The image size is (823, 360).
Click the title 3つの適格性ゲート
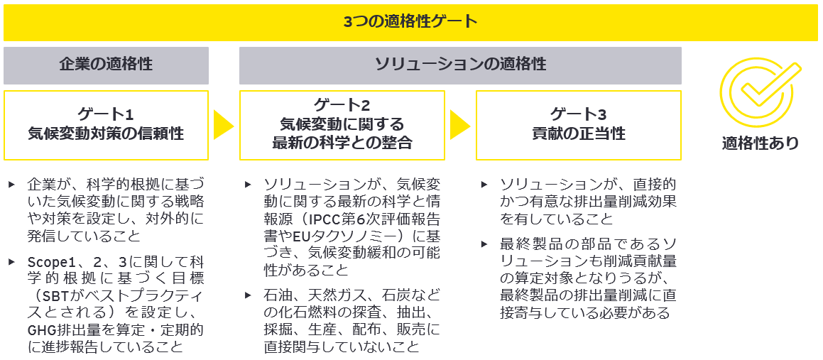point(410,21)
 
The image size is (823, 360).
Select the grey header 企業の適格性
point(106,65)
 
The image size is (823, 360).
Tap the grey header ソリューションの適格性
point(460,65)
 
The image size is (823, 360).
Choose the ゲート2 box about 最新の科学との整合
point(342,125)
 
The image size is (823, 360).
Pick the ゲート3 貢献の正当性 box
point(578,124)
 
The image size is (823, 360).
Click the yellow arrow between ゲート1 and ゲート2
point(224,125)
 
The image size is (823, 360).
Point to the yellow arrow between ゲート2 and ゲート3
point(460,125)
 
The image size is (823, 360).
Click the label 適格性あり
point(761,143)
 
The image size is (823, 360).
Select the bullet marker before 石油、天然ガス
point(248,295)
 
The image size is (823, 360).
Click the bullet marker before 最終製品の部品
point(484,244)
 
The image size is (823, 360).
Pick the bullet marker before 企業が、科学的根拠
point(12,184)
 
